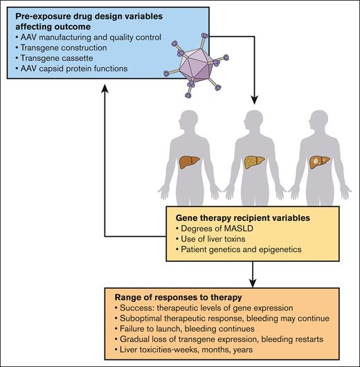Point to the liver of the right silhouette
click(321, 163)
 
